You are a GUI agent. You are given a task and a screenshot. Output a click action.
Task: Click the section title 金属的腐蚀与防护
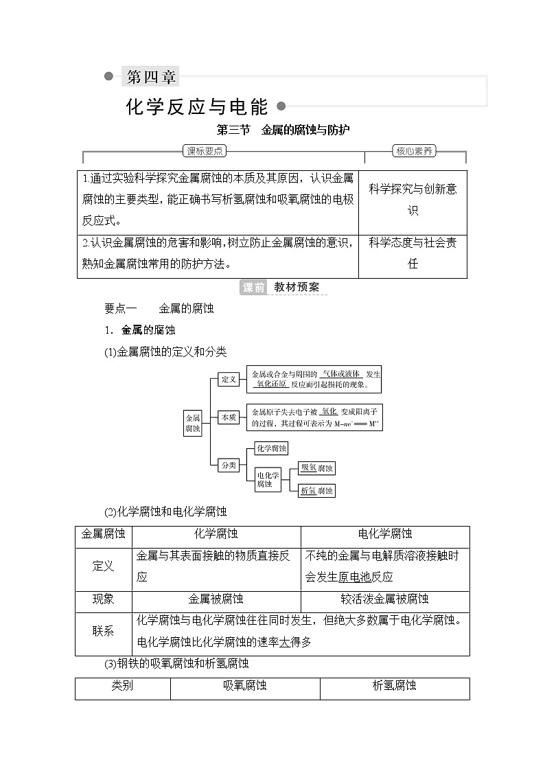tap(305, 130)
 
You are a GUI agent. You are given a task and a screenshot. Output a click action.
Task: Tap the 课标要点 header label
tap(205, 151)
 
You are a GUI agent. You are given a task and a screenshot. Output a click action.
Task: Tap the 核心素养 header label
tap(415, 151)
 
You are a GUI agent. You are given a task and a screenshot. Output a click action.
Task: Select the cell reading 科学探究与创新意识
tap(413, 200)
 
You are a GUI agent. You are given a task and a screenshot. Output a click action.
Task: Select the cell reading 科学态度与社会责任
tap(413, 253)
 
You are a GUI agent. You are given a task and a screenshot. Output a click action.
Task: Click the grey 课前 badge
tap(253, 288)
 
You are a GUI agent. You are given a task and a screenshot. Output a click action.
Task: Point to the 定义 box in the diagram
tap(228, 379)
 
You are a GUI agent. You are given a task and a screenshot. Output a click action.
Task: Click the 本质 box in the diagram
tap(228, 417)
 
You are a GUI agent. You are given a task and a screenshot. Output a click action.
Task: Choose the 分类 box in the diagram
tap(228, 465)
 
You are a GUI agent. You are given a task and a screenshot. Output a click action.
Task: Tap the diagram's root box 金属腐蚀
tap(193, 423)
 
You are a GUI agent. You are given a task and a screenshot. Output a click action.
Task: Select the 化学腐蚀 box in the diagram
tap(270, 448)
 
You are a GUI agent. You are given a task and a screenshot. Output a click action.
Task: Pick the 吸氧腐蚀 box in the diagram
tap(317, 468)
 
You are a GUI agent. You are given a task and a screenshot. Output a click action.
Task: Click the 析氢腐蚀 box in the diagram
tap(317, 491)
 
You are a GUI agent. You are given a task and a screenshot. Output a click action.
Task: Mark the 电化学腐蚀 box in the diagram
tap(268, 479)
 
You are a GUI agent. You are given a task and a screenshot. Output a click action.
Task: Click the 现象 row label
tap(104, 599)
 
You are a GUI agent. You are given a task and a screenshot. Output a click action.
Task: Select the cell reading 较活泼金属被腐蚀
tap(385, 599)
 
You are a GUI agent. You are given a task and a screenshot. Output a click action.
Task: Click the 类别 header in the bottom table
tap(123, 685)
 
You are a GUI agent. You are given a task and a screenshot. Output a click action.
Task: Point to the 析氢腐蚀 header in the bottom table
tap(394, 685)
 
